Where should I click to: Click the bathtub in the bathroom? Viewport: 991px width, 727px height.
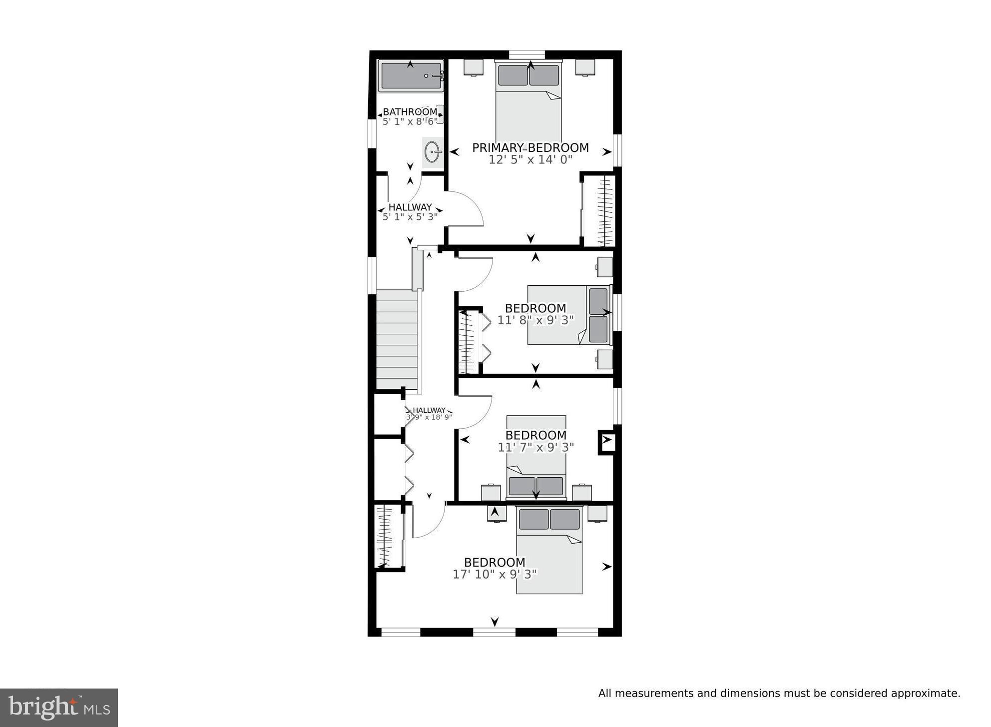(x=411, y=76)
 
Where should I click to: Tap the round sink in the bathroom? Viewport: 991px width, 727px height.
(x=433, y=151)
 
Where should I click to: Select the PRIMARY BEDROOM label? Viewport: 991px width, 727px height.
(x=530, y=148)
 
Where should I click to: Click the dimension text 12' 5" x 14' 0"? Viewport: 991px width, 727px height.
(x=530, y=160)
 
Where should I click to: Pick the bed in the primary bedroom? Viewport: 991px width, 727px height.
(x=528, y=105)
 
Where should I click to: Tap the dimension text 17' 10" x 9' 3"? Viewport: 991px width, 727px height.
(x=495, y=575)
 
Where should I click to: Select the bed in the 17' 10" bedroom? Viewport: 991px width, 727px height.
(x=549, y=555)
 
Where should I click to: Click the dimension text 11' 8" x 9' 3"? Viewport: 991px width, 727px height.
(x=535, y=320)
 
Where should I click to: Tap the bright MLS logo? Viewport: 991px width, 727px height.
(x=59, y=708)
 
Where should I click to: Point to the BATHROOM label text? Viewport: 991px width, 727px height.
(x=410, y=112)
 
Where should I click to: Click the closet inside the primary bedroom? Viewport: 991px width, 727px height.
(x=599, y=210)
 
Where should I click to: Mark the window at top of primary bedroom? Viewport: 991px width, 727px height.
(x=526, y=54)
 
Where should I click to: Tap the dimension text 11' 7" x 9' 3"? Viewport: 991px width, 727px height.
(x=535, y=447)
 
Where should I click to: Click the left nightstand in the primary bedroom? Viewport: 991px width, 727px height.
(x=473, y=66)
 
